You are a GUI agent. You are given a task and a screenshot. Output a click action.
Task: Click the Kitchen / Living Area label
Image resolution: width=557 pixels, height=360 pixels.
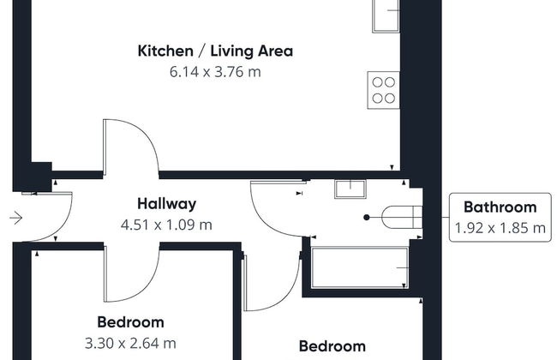pyautogui.click(x=215, y=51)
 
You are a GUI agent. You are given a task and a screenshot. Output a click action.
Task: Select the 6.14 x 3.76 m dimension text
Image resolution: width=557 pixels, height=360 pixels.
pyautogui.click(x=215, y=72)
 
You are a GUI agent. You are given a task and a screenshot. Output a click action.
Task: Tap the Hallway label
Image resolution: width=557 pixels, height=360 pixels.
pyautogui.click(x=166, y=204)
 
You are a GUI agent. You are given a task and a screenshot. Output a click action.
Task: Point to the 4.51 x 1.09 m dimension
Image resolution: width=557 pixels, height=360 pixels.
pyautogui.click(x=166, y=225)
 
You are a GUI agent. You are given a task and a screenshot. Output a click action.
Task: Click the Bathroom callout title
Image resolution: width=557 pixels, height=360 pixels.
pyautogui.click(x=500, y=207)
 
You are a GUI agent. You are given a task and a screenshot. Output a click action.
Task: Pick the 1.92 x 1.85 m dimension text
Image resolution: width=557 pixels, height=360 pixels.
pyautogui.click(x=500, y=228)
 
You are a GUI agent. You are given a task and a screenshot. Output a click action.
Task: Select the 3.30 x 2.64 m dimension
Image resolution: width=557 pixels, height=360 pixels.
pyautogui.click(x=130, y=344)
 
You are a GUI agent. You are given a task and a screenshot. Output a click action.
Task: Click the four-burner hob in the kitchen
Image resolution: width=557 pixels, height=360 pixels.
pyautogui.click(x=383, y=90)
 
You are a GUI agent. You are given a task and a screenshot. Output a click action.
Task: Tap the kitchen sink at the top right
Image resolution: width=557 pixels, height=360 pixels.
pyautogui.click(x=386, y=16)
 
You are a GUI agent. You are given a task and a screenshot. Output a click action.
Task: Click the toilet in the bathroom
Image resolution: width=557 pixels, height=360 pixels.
pyautogui.click(x=402, y=217)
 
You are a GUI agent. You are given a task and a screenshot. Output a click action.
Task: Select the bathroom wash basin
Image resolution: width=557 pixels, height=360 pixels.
pyautogui.click(x=350, y=189)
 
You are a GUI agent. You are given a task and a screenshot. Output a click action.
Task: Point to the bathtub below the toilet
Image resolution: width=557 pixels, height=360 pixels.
pyautogui.click(x=360, y=267)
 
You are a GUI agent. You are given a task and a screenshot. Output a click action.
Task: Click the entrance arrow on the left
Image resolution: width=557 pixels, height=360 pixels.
pyautogui.click(x=16, y=218)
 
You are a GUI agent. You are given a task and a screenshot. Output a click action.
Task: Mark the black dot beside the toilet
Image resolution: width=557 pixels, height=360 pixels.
pyautogui.click(x=367, y=218)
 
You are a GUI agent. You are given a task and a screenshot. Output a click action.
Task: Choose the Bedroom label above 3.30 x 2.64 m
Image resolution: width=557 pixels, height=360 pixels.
pyautogui.click(x=131, y=322)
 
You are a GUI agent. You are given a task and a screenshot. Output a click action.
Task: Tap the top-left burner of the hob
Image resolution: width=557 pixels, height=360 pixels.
pyautogui.click(x=377, y=82)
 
